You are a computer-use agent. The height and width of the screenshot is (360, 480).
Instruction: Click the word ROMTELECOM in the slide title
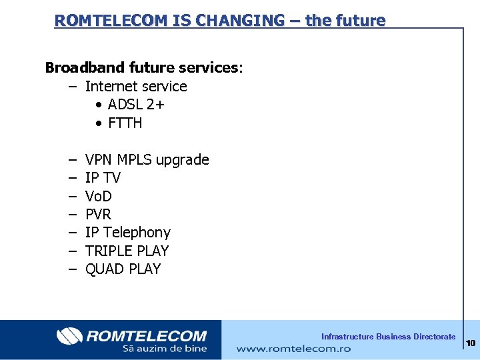tap(102, 21)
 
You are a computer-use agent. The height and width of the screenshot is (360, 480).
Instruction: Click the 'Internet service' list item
tap(136, 87)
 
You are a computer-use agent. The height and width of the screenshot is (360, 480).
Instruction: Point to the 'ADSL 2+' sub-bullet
tap(136, 105)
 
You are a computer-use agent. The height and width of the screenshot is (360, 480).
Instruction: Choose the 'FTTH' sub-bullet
tap(125, 123)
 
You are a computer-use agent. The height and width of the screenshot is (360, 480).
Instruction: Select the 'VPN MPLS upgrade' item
tap(147, 160)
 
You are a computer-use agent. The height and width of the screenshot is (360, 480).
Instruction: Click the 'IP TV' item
tap(103, 178)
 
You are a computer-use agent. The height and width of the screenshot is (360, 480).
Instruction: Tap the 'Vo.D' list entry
tap(99, 197)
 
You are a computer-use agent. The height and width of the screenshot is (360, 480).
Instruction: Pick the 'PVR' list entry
tap(98, 215)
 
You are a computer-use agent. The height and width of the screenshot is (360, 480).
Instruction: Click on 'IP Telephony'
tap(127, 233)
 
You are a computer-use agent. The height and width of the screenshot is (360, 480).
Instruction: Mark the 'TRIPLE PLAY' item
tap(127, 251)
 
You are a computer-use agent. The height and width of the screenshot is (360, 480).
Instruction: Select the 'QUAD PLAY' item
tap(123, 269)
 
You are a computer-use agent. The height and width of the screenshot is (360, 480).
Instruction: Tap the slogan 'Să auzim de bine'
tap(164, 349)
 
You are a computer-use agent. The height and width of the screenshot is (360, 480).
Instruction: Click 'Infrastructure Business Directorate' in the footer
tap(388, 337)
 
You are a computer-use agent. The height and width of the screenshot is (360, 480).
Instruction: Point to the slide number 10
tap(471, 343)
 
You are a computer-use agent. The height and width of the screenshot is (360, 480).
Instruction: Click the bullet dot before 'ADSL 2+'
tap(98, 105)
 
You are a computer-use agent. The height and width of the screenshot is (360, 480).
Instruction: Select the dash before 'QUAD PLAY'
tap(71, 269)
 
